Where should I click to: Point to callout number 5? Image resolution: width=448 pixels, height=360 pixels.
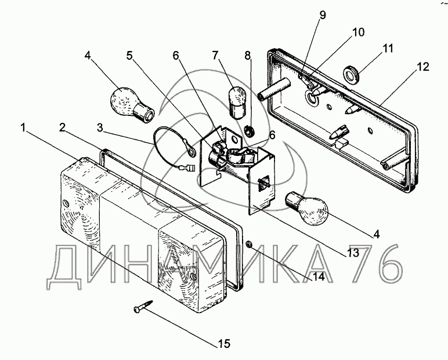(x=129, y=56)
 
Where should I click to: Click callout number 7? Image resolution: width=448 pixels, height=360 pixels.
(x=215, y=56)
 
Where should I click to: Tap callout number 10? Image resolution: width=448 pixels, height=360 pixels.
(x=358, y=32)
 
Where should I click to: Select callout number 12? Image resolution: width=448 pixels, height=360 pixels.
(x=422, y=67)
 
